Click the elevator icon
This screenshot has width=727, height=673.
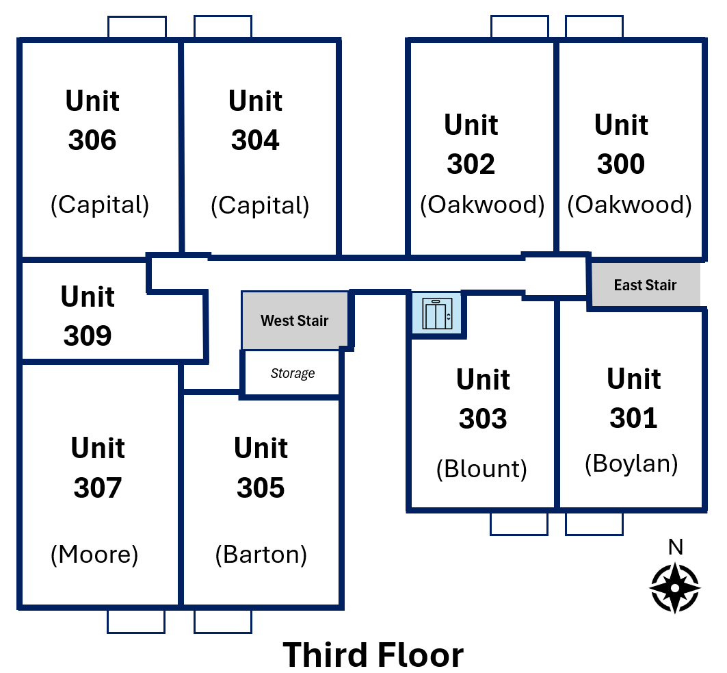pyautogui.click(x=437, y=314)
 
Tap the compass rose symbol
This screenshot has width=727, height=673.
pyautogui.click(x=675, y=587)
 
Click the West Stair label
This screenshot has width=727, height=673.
pyautogui.click(x=294, y=320)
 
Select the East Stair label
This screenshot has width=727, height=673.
pyautogui.click(x=645, y=285)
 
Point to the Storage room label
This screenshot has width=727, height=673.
pyautogui.click(x=293, y=373)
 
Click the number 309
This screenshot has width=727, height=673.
pyautogui.click(x=88, y=335)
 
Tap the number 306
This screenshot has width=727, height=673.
pyautogui.click(x=92, y=140)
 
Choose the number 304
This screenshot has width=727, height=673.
pyautogui.click(x=256, y=140)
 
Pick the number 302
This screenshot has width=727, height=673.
pyautogui.click(x=471, y=164)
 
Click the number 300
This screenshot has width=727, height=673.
pyautogui.click(x=621, y=164)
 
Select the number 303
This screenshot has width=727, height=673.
pyautogui.click(x=483, y=418)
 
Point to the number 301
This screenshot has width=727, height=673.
pyautogui.click(x=633, y=418)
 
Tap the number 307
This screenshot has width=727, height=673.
pyautogui.click(x=98, y=488)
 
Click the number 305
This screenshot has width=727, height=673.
pyautogui.click(x=261, y=488)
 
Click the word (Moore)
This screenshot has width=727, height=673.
pyautogui.click(x=94, y=555)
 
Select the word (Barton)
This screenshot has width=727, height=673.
pyautogui.click(x=261, y=555)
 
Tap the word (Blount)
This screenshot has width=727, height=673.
pyautogui.click(x=481, y=469)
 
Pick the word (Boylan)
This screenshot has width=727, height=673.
pyautogui.click(x=631, y=464)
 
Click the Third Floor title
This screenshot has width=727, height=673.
pyautogui.click(x=373, y=655)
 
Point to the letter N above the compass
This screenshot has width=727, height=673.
pyautogui.click(x=676, y=547)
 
